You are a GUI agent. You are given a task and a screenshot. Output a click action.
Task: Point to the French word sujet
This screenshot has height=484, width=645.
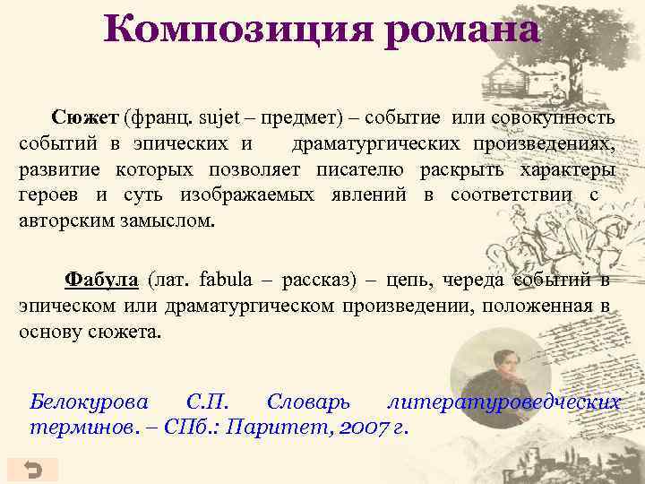click(220, 118)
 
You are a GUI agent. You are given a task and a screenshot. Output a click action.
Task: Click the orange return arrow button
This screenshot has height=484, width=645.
click(32, 470)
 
